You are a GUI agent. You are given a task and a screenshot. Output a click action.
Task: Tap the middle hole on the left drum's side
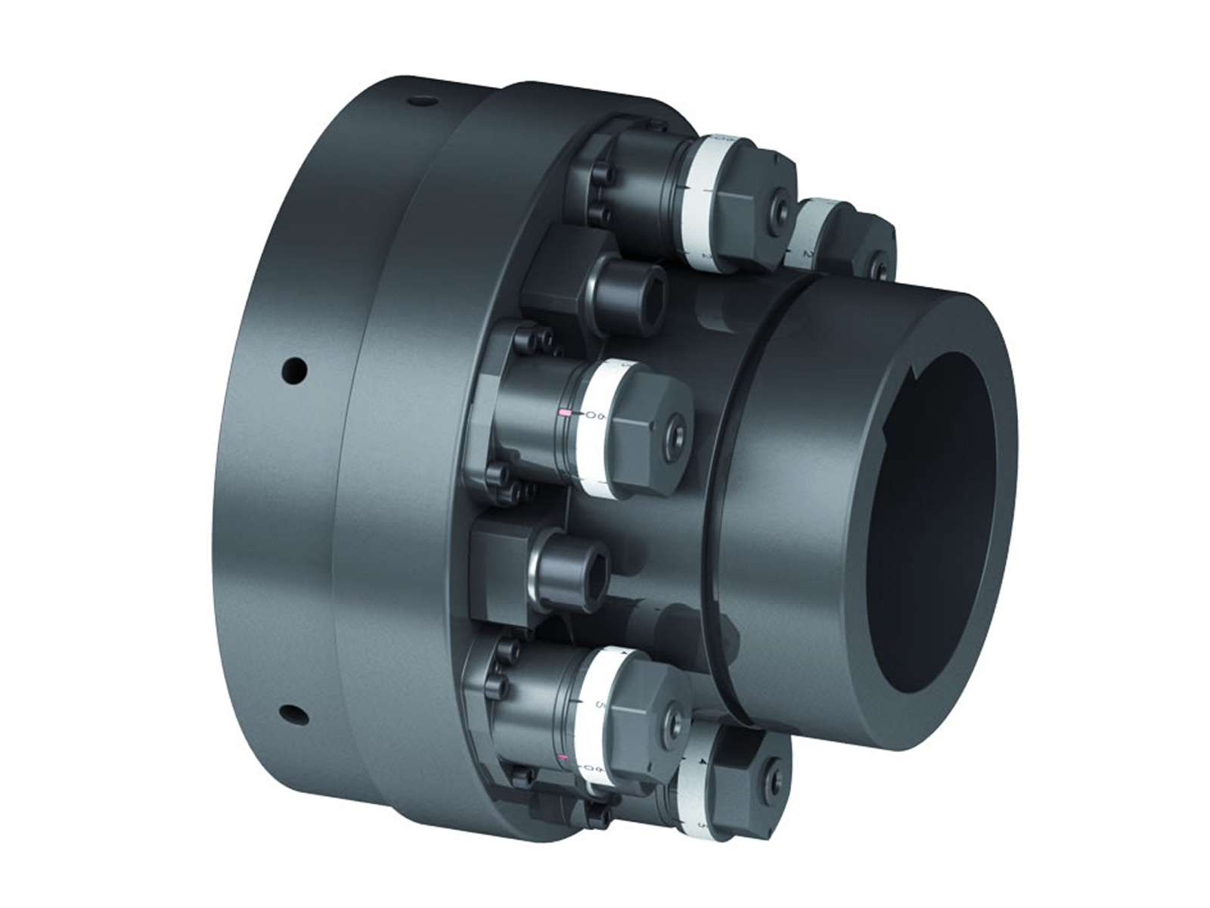[295, 370]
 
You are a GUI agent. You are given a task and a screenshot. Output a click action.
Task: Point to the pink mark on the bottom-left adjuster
[562, 758]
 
